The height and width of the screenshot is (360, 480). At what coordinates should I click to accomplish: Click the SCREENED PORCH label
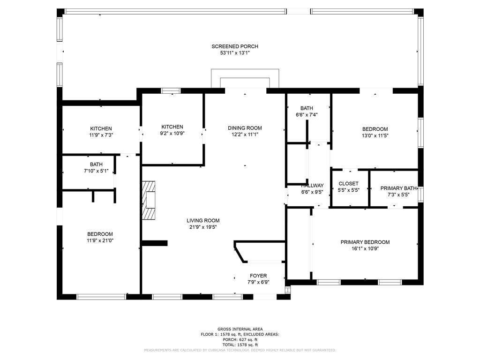(x=235, y=46)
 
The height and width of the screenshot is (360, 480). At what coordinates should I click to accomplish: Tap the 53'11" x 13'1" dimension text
(x=235, y=53)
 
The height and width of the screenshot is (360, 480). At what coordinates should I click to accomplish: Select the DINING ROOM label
(x=245, y=128)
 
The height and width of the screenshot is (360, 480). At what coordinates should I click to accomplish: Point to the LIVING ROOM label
(x=203, y=220)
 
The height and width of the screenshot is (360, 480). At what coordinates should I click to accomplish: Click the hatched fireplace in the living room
(x=149, y=200)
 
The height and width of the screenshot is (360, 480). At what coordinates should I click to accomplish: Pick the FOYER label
(x=258, y=276)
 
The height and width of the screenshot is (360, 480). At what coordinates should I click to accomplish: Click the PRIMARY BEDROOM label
(x=365, y=242)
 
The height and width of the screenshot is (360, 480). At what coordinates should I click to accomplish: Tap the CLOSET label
(x=348, y=184)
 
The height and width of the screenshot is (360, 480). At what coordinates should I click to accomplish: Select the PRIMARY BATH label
(x=398, y=188)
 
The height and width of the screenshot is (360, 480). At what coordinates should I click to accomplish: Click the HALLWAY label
(x=312, y=186)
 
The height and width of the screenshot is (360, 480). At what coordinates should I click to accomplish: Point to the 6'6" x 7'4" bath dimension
(x=307, y=115)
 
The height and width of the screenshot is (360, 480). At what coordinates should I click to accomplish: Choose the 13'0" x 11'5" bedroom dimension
(x=375, y=135)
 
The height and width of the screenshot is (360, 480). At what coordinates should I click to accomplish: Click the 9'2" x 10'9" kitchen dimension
(x=172, y=133)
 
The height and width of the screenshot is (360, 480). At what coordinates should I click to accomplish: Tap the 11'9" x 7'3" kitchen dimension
(x=101, y=135)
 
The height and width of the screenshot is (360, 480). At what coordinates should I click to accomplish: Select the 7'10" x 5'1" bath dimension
(x=96, y=171)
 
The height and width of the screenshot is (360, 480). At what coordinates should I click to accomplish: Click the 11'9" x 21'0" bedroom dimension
(x=100, y=240)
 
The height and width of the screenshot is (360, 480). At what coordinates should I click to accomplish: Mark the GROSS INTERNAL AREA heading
(x=240, y=329)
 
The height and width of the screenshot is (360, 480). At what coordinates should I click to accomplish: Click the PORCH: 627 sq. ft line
(x=240, y=339)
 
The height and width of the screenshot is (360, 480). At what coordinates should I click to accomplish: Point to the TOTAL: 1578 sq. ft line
(x=240, y=345)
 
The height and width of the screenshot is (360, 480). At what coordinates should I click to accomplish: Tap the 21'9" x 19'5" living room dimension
(x=203, y=227)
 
